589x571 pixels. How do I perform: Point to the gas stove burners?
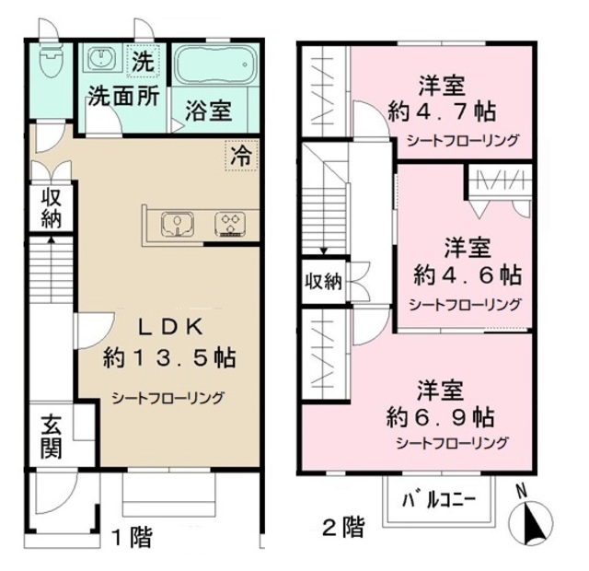click(x=229, y=224)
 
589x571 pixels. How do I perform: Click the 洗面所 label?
click(x=123, y=95)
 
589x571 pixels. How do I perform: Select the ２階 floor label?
click(x=342, y=528)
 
